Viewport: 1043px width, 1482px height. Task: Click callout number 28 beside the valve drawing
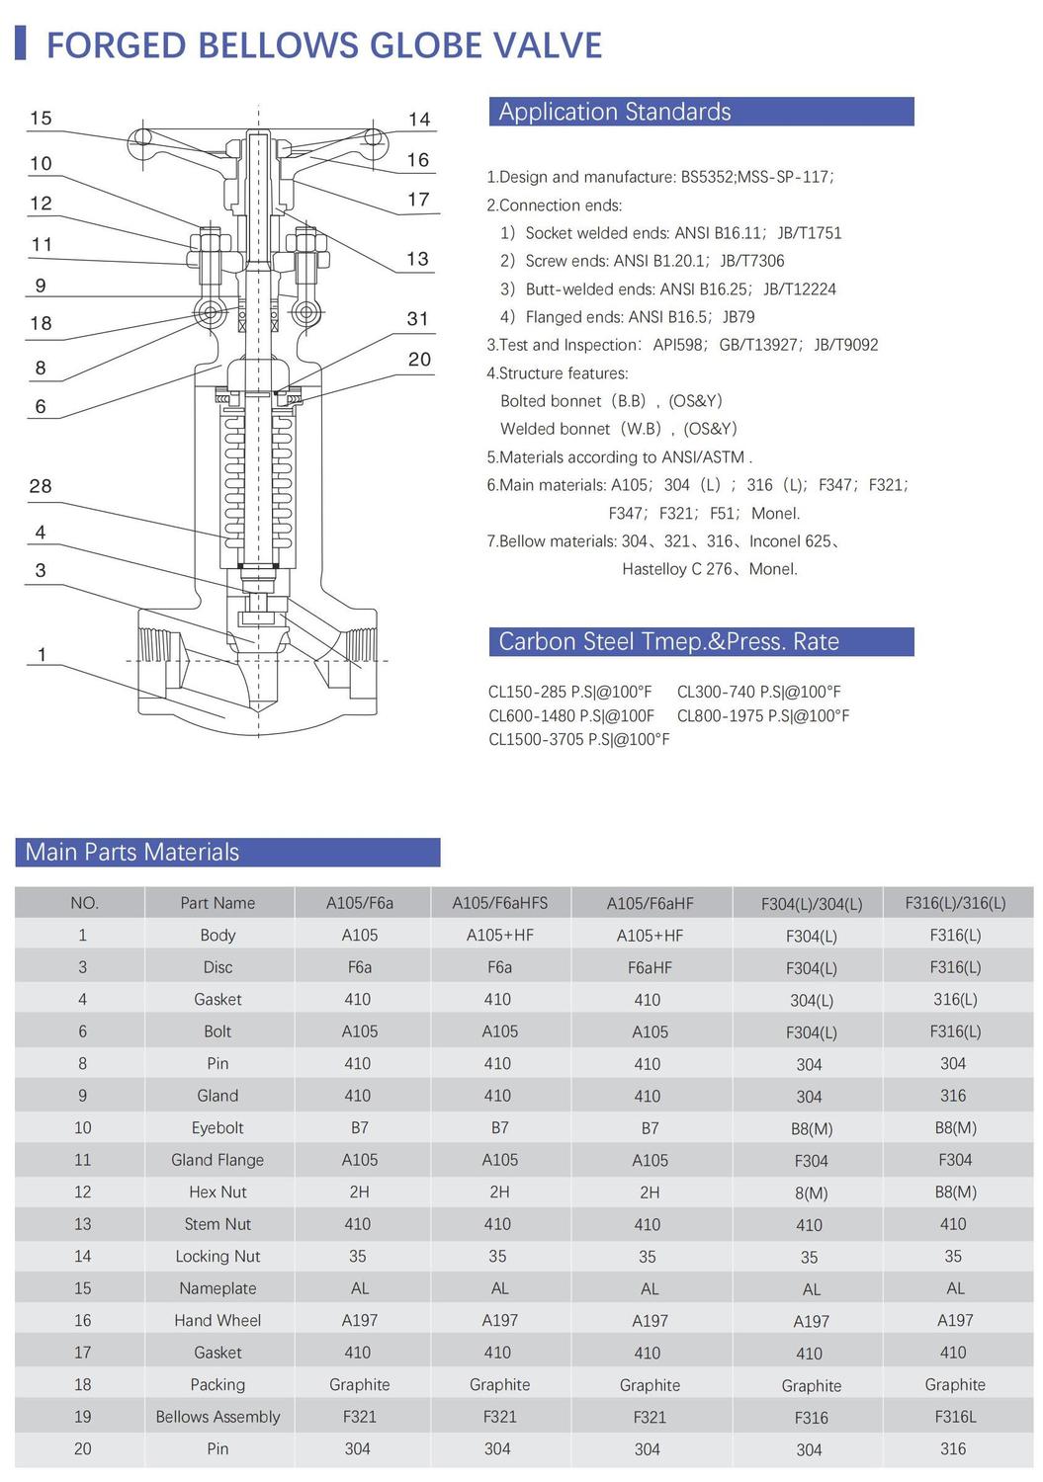pyautogui.click(x=41, y=486)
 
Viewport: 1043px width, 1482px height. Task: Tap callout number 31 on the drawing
pyautogui.click(x=418, y=319)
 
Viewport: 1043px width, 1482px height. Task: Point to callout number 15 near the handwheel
pyautogui.click(x=41, y=119)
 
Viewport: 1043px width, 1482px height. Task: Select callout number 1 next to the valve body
pyautogui.click(x=42, y=654)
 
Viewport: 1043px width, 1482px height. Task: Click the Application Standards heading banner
pyautogui.click(x=701, y=112)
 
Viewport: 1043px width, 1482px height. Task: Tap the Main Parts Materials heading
pyautogui.click(x=227, y=852)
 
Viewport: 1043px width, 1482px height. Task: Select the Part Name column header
pyautogui.click(x=217, y=903)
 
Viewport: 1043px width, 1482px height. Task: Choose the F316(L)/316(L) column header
pyautogui.click(x=955, y=903)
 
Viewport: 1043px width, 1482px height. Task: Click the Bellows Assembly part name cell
pyautogui.click(x=217, y=1417)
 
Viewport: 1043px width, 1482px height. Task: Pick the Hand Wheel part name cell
pyautogui.click(x=217, y=1320)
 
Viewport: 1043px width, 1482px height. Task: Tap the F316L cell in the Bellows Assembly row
pyautogui.click(x=955, y=1417)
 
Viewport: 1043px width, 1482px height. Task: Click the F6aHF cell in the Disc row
pyautogui.click(x=650, y=967)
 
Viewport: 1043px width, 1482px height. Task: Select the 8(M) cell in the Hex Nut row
pyautogui.click(x=811, y=1193)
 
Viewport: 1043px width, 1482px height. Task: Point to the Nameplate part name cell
pyautogui.click(x=217, y=1288)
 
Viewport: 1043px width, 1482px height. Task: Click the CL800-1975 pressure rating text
pyautogui.click(x=763, y=715)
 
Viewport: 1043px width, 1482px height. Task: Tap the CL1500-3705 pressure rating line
pyautogui.click(x=578, y=739)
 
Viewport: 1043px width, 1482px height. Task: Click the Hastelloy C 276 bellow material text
pyautogui.click(x=678, y=569)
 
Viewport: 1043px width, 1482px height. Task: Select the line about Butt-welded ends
pyautogui.click(x=668, y=288)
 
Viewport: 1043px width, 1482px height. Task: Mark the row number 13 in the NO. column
pyautogui.click(x=83, y=1224)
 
